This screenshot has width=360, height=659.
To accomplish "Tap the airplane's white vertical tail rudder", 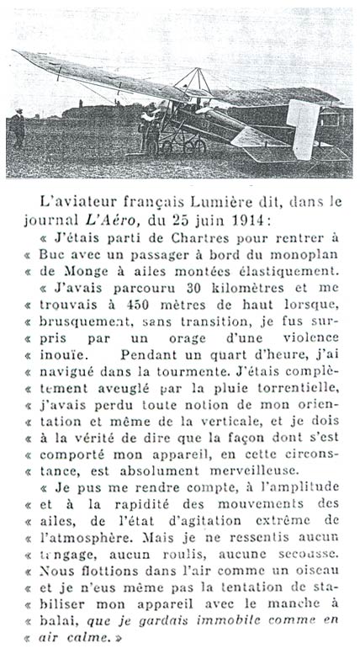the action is click(300, 126).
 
